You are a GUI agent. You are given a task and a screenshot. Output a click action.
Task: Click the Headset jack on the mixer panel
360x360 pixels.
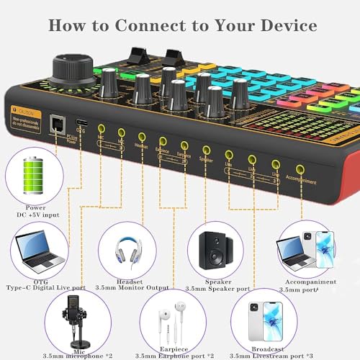(x=141, y=135)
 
